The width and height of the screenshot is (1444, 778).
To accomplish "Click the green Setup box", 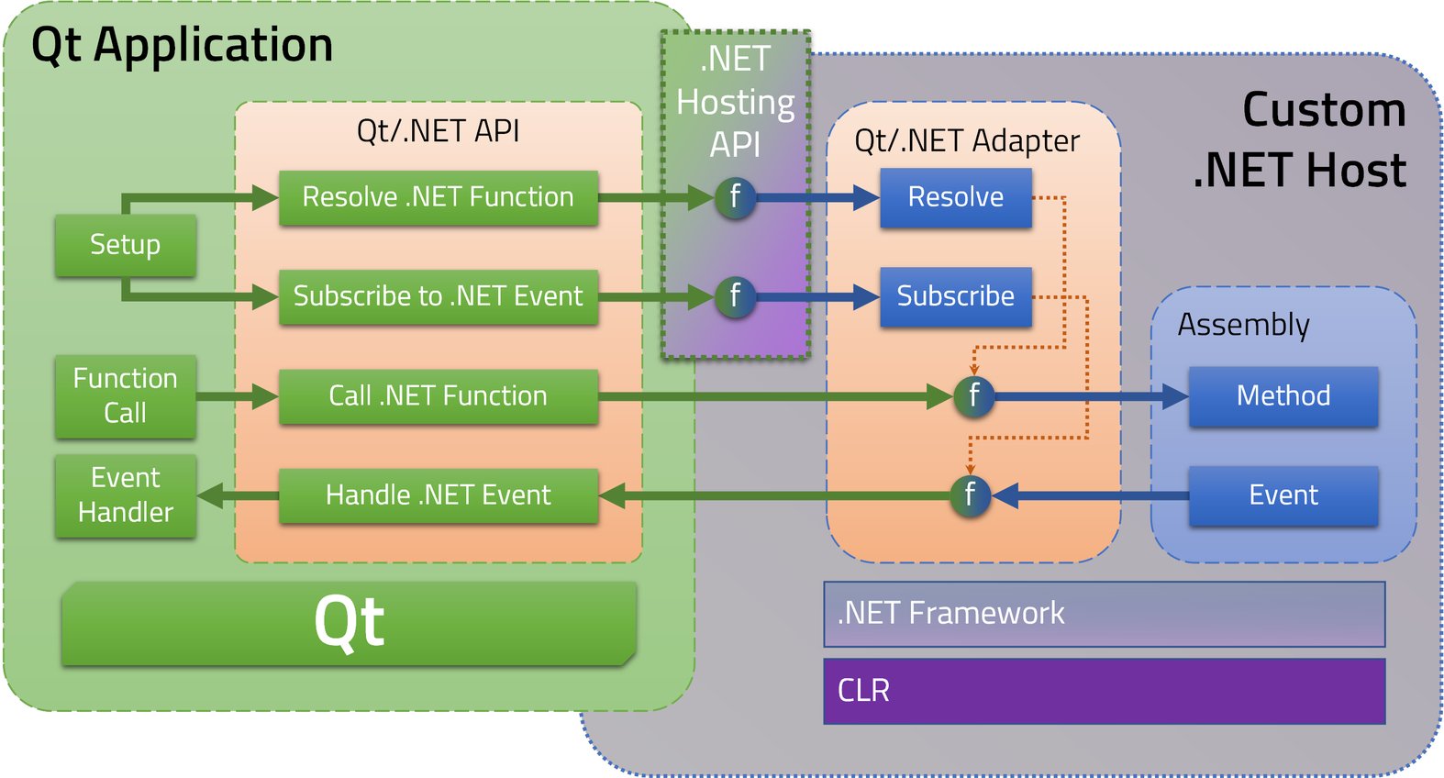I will click(x=125, y=245).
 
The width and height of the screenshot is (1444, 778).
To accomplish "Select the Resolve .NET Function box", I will click(x=439, y=197).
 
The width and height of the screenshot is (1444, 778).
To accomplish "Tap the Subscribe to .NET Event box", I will click(x=439, y=296).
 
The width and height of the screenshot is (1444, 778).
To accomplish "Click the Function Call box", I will click(x=125, y=395).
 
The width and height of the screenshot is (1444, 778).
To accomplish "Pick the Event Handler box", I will click(x=125, y=495).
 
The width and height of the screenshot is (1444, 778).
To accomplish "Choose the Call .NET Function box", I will click(x=439, y=395).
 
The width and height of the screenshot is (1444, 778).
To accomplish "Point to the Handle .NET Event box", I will click(x=439, y=495).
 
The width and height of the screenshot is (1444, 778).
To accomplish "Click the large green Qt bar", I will click(x=349, y=623).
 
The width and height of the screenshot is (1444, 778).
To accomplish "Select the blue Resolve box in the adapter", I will click(x=955, y=197).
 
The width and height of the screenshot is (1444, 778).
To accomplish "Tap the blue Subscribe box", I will click(x=955, y=296).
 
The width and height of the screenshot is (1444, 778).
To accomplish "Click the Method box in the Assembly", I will click(x=1283, y=395).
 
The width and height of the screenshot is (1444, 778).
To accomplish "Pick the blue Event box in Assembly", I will click(x=1283, y=495).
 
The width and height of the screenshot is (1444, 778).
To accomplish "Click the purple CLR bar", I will click(x=1104, y=691).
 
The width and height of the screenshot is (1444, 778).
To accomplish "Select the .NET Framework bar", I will click(x=1104, y=614).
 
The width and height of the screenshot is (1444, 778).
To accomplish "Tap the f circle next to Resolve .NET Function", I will click(x=735, y=197).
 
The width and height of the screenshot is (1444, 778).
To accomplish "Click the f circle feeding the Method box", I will click(x=973, y=396).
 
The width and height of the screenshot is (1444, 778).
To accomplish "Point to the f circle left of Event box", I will click(x=970, y=495).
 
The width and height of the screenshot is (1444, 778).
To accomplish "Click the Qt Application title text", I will click(x=182, y=45).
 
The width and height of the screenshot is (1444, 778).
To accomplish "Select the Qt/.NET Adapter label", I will click(x=966, y=141).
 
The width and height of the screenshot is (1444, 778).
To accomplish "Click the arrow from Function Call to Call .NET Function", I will click(x=236, y=396).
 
